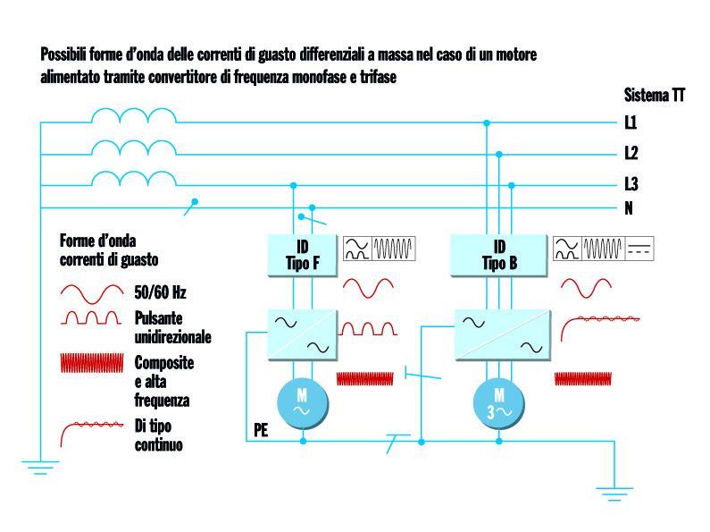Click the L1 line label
(631, 122)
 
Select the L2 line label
(631, 153)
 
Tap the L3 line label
(631, 185)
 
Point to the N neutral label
(629, 208)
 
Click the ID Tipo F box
(301, 254)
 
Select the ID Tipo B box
(499, 254)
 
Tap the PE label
(261, 429)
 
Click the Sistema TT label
(655, 96)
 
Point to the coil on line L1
(134, 116)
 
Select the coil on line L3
(134, 179)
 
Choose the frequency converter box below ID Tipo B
(499, 334)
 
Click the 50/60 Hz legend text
(160, 292)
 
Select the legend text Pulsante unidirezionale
(172, 327)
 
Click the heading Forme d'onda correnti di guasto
(109, 250)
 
